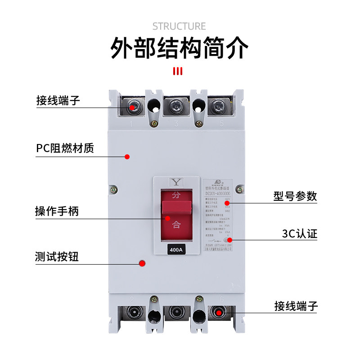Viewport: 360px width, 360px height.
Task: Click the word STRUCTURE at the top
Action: pyautogui.click(x=179, y=26)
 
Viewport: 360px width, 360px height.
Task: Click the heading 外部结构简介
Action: pyautogui.click(x=179, y=49)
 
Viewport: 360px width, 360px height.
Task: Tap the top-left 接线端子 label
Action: pyautogui.click(x=58, y=100)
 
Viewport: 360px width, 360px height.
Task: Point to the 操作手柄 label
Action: pyautogui.click(x=57, y=211)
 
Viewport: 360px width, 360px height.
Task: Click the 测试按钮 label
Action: pyautogui.click(x=57, y=257)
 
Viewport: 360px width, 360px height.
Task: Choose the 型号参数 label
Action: pyautogui.click(x=295, y=196)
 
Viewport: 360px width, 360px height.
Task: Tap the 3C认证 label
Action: pyautogui.click(x=300, y=234)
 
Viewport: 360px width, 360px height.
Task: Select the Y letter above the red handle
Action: pyautogui.click(x=175, y=182)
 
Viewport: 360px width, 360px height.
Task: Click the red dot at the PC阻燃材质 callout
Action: pyautogui.click(x=127, y=157)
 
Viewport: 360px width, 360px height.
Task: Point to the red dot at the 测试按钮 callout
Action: pyautogui.click(x=143, y=264)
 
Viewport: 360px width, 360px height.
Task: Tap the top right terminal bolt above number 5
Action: pyautogui.click(x=220, y=108)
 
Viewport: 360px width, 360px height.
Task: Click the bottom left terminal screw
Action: pyautogui.click(x=133, y=313)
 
